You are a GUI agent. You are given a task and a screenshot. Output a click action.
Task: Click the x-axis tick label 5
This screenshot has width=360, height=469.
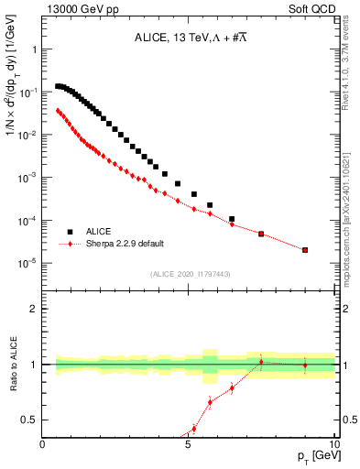(x=188, y=445)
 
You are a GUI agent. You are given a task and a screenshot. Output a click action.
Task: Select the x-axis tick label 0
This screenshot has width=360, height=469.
(x=43, y=445)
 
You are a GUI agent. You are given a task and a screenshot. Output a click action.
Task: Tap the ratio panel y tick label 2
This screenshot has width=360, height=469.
(x=34, y=310)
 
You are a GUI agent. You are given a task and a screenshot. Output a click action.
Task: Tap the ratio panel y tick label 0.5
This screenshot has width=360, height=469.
(x=30, y=420)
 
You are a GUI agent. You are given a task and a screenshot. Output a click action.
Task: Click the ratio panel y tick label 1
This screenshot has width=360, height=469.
(x=34, y=365)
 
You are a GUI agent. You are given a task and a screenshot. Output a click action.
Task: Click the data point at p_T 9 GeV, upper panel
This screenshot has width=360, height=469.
(x=305, y=249)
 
